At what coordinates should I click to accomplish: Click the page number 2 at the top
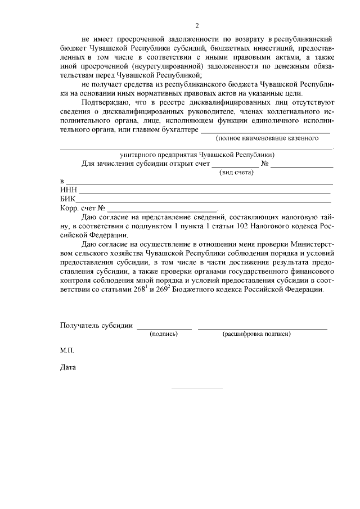coord(197,25)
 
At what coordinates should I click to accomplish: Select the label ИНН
coord(68,191)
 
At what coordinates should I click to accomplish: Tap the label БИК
coord(67,199)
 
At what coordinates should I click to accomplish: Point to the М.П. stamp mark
coord(66,350)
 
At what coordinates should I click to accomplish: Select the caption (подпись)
coord(164,334)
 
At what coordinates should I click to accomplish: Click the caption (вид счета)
coord(237,172)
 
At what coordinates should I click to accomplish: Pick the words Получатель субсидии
coord(96,326)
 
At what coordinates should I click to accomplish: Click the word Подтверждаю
coord(106,102)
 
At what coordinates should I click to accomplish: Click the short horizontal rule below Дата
coord(196,388)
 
